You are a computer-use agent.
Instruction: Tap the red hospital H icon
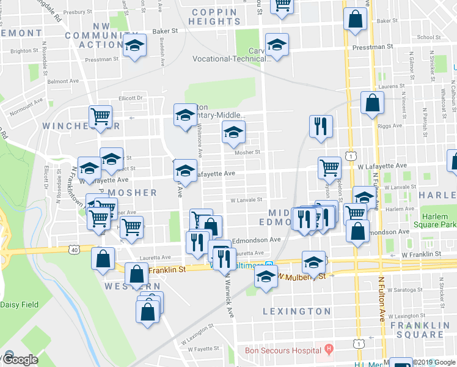coord(329,350)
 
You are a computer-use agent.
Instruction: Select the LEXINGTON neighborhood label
coord(296,311)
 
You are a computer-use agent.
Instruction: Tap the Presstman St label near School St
coord(372,46)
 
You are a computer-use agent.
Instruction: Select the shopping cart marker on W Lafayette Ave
coord(330,166)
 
